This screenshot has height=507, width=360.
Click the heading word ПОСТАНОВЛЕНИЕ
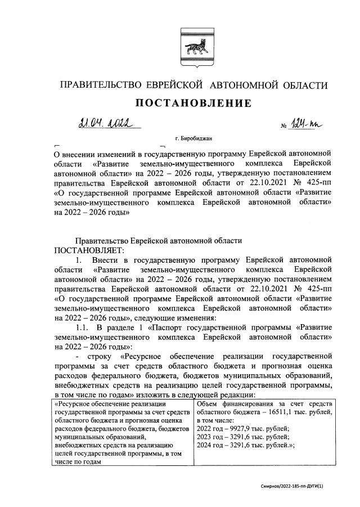coord(191,104)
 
